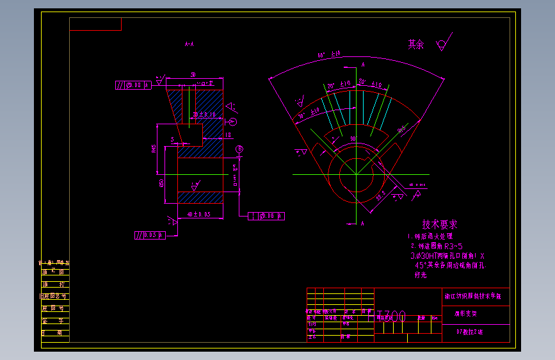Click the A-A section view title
tap(189, 45)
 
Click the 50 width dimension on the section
tap(193, 74)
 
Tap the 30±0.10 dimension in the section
tap(204, 114)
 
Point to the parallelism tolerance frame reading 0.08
tap(133, 85)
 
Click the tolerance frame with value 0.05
tap(150, 235)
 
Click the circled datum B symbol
tap(239, 149)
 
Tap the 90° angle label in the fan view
tap(352, 138)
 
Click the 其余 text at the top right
tap(416, 45)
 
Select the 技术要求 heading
tap(439, 225)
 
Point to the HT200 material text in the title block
tap(391, 316)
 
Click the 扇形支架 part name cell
tap(466, 315)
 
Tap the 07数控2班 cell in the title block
tap(470, 332)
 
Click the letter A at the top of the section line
tap(363, 65)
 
